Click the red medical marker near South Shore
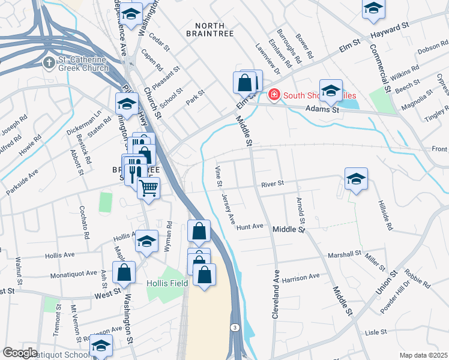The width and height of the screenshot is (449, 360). pos(274,95)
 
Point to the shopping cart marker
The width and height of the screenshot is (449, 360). pos(148,188)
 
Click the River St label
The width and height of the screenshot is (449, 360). pos(272,183)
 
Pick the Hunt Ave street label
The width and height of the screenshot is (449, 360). pos(250,227)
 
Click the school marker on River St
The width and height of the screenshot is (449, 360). pos(356,179)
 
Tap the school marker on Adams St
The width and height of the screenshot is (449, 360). pos(330,91)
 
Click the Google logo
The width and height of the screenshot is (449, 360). pos(20,353)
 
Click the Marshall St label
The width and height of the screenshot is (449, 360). pos(343,255)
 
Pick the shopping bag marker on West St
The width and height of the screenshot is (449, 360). pos(123,273)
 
